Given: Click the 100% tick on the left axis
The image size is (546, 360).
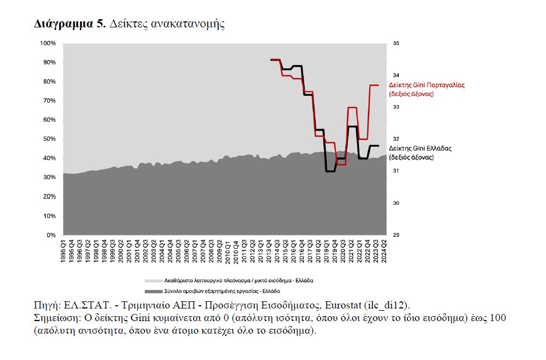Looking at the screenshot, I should point(48,43).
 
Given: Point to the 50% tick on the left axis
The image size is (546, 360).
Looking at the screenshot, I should point(50,139).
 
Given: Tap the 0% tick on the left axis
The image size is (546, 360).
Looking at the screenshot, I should point(52,235).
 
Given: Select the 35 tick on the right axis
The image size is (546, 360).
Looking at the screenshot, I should point(396,43).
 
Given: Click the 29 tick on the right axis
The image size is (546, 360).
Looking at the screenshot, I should point(396,235).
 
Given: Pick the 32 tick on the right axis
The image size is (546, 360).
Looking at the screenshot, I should point(396,139).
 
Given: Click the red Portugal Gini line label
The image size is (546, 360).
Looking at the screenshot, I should point(426,89).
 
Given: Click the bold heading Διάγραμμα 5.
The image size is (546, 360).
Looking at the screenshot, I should point(70,24).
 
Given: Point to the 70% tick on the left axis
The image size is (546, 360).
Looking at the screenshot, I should point(50,101).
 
